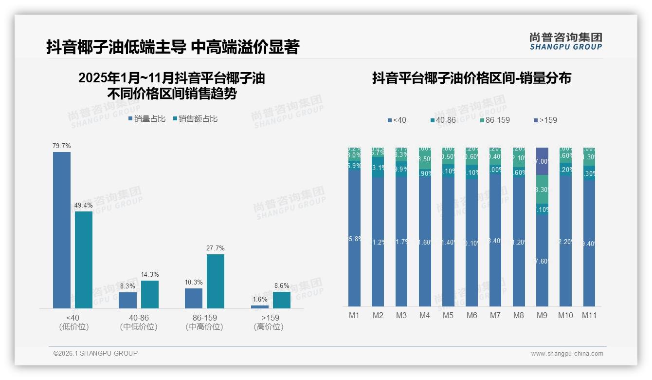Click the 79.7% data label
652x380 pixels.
point(62,146)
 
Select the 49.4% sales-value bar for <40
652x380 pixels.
point(84,260)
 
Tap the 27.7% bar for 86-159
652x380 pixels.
point(216,281)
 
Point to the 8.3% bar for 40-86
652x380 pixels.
point(128,300)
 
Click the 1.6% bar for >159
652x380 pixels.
point(260,307)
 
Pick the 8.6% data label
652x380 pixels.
point(282,286)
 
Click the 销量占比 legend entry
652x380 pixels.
point(147,119)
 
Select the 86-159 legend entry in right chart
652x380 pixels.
point(494,120)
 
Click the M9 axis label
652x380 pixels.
point(542,316)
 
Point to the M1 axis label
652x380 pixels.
point(354,316)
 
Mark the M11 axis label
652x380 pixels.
point(590,316)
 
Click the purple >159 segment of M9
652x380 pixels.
point(542,161)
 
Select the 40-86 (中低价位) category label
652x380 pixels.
point(139,322)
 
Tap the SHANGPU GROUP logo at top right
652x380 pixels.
point(566,41)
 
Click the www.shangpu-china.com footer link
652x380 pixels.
point(567,354)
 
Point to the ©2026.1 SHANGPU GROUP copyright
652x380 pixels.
point(95,353)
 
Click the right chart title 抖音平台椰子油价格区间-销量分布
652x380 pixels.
point(471,78)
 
